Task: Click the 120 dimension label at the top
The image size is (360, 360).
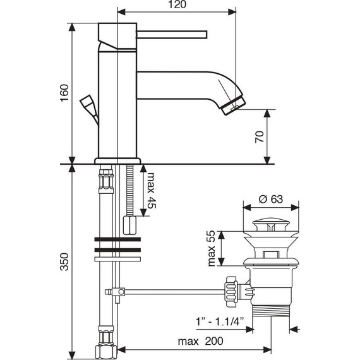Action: click(176, 6)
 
